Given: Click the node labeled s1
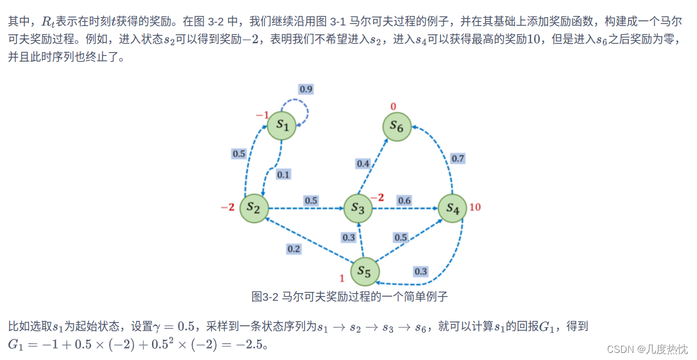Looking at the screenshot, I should (282, 126).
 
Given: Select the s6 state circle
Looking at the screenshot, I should (397, 126).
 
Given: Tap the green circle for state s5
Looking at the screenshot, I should (364, 271).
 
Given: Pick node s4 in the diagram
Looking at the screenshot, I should (453, 208).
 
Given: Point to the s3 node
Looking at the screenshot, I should (358, 208).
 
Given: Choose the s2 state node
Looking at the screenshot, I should (254, 208).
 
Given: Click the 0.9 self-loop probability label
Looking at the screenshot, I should (306, 89).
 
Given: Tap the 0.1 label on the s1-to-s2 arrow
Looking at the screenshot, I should (284, 174).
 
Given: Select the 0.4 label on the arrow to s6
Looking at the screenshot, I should (362, 163).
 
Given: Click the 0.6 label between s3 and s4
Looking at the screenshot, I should (404, 200).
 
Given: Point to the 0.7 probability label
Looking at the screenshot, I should (458, 158).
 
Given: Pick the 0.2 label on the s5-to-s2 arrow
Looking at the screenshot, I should (294, 249).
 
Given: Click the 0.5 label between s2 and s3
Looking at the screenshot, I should (311, 200).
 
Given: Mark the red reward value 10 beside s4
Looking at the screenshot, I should (475, 207).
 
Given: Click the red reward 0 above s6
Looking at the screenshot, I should (393, 107).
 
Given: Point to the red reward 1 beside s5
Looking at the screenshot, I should (342, 278).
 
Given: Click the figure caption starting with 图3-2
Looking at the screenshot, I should (354, 295).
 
